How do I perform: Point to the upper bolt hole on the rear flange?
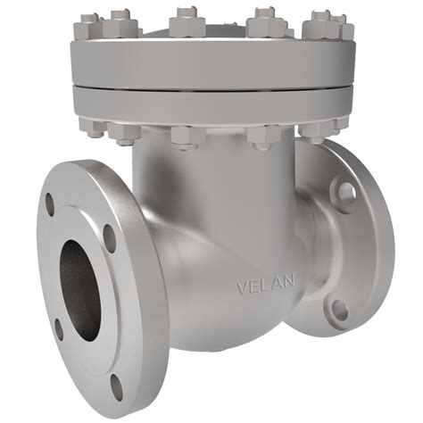point(347,191)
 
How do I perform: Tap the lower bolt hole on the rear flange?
point(339,309)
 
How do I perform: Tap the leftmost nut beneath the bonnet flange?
point(95,127)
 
